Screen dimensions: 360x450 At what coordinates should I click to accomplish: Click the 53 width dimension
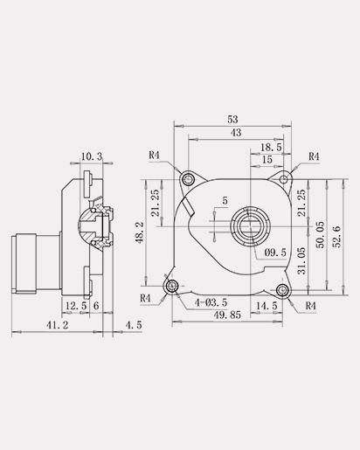pyautogui.click(x=232, y=120)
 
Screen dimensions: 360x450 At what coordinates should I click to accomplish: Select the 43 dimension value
pyautogui.click(x=236, y=133)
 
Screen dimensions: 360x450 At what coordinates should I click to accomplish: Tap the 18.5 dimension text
pyautogui.click(x=271, y=148)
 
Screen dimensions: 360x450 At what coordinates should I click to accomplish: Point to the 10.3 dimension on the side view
pyautogui.click(x=92, y=156)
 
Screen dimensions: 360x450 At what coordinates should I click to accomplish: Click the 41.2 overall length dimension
pyautogui.click(x=58, y=325)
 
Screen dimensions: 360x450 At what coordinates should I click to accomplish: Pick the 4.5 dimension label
pyautogui.click(x=134, y=325)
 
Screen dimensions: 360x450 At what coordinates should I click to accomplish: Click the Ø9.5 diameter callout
pyautogui.click(x=275, y=253)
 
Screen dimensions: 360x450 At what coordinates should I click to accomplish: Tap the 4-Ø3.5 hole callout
pyautogui.click(x=211, y=302)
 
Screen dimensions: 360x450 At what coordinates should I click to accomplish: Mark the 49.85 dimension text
pyautogui.click(x=227, y=315)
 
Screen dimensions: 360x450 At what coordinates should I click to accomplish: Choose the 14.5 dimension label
pyautogui.click(x=267, y=306)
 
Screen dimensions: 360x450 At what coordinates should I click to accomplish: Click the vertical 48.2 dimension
pyautogui.click(x=140, y=232)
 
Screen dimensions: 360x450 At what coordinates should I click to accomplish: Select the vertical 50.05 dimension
pyautogui.click(x=320, y=235)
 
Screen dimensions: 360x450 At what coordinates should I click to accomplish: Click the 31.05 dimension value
pyautogui.click(x=301, y=261)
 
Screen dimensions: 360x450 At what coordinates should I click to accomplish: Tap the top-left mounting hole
pyautogui.click(x=188, y=178)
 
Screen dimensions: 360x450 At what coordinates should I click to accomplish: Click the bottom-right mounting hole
pyautogui.click(x=282, y=290)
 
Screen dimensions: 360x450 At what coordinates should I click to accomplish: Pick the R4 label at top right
pyautogui.click(x=314, y=156)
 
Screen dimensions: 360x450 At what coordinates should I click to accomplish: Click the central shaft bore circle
pyautogui.click(x=251, y=226)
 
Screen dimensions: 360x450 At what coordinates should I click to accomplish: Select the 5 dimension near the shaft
pyautogui.click(x=225, y=201)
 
